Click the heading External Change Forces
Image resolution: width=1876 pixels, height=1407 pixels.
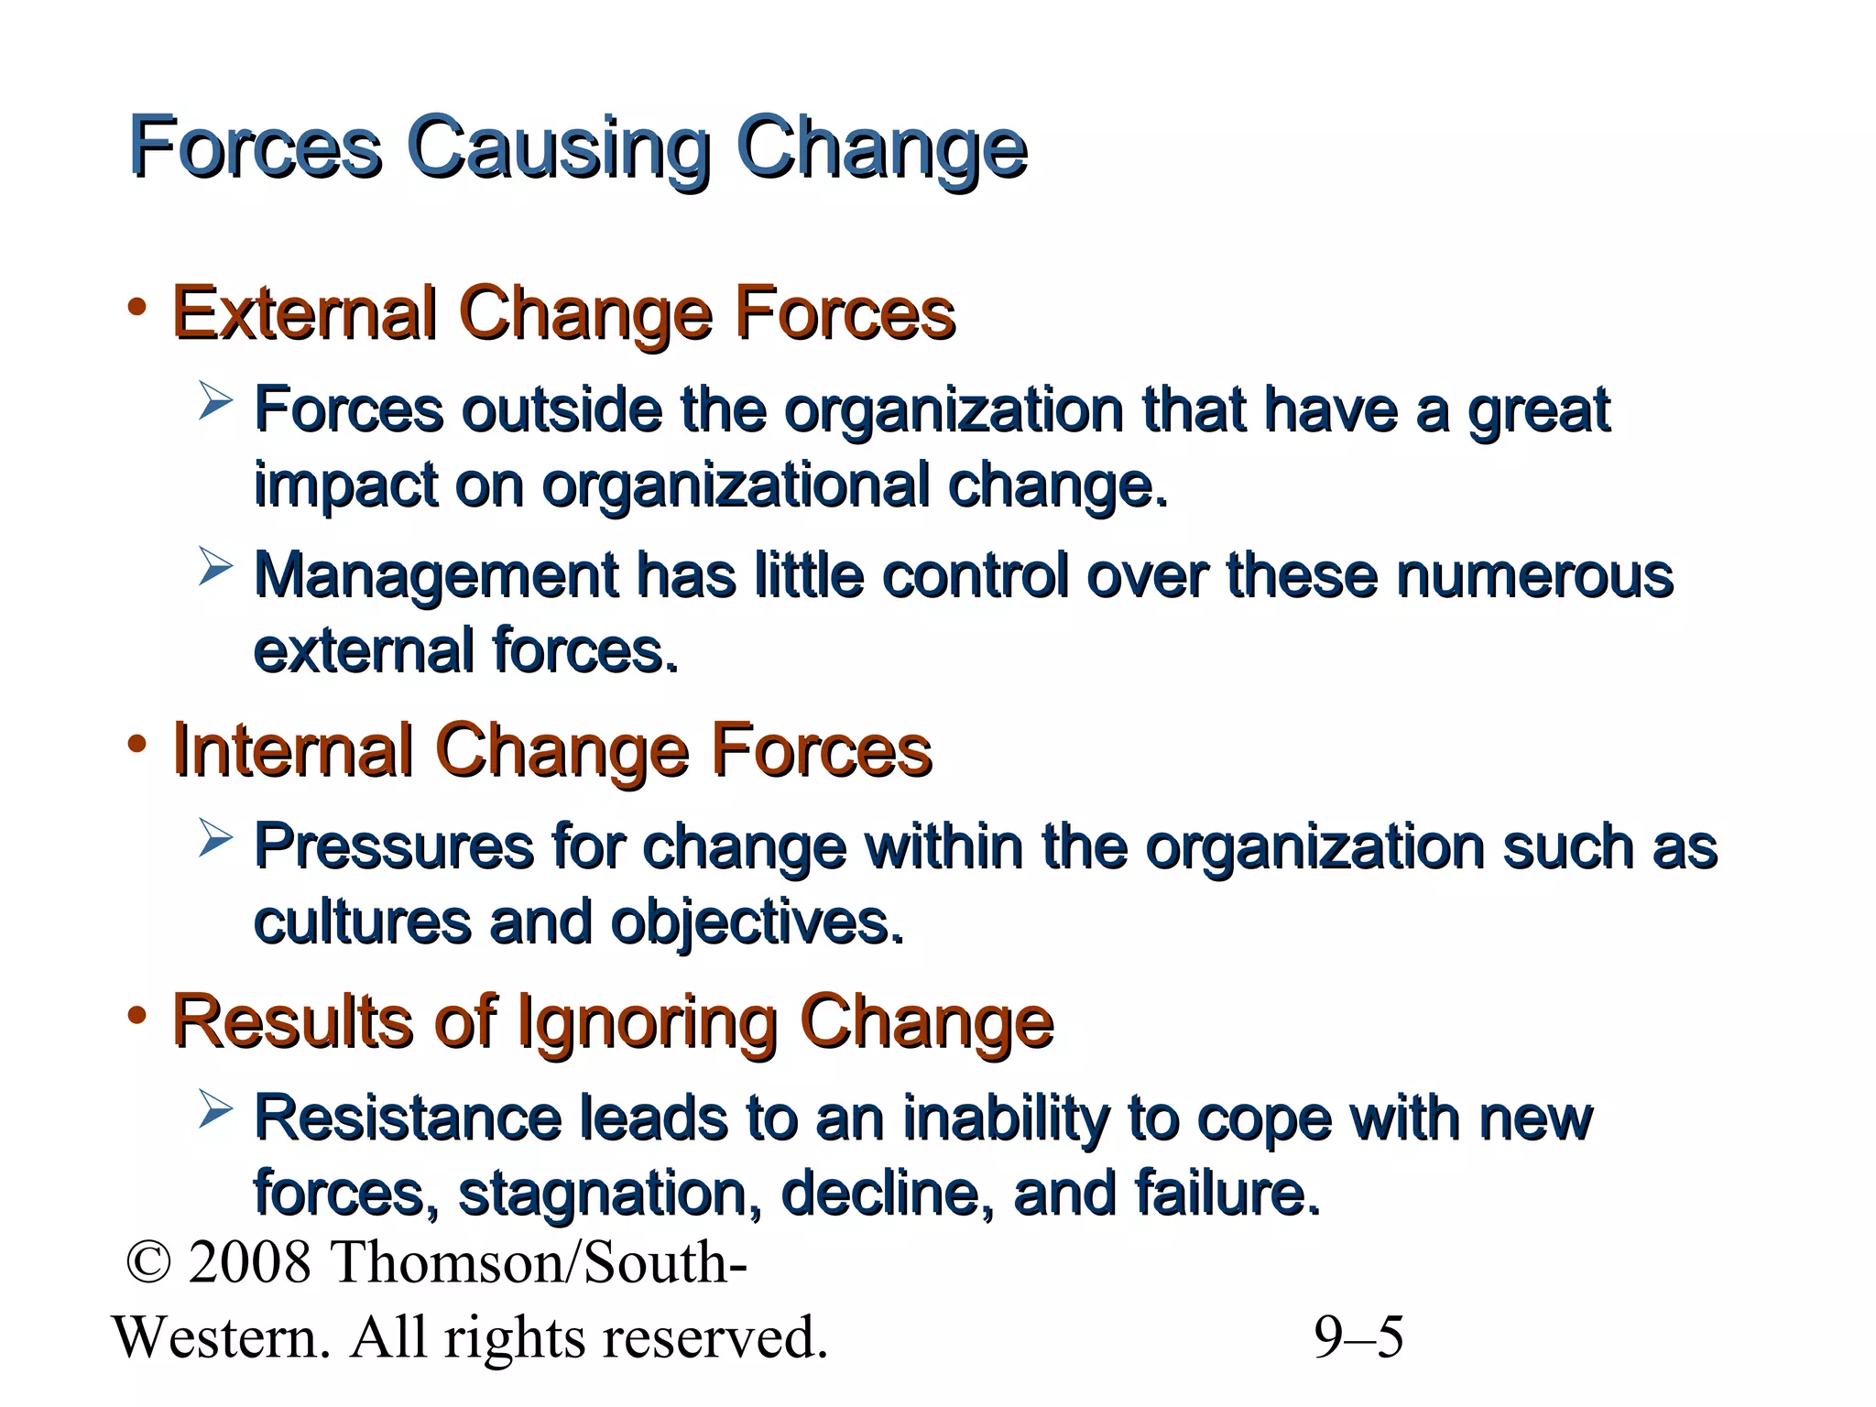tap(563, 314)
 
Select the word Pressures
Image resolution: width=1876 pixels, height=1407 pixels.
tap(394, 846)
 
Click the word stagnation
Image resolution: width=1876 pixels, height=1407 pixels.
tap(609, 1194)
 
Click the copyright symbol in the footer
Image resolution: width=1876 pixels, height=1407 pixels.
tap(148, 1262)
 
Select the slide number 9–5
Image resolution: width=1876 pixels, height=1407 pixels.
tap(1358, 1337)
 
